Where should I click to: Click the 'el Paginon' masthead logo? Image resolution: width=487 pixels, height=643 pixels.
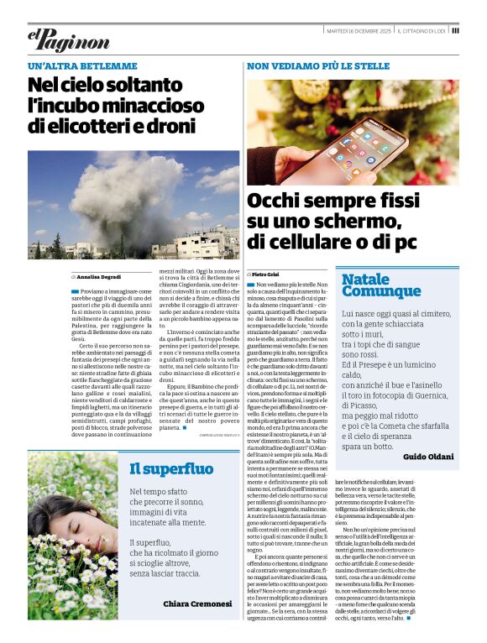point(68,39)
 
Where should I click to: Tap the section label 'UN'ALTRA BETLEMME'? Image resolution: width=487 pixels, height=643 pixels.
point(82,65)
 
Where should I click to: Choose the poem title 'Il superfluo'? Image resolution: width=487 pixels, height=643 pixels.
point(171,468)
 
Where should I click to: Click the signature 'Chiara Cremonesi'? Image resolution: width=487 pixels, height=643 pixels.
point(197,603)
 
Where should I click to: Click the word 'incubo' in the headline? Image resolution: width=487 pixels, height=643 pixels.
point(69,106)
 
